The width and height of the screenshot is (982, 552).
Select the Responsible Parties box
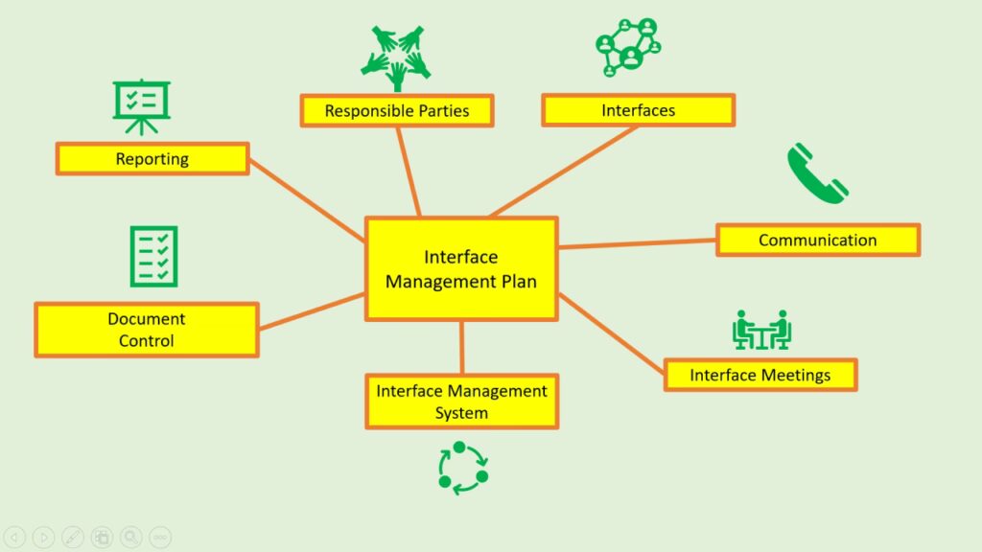click(397, 110)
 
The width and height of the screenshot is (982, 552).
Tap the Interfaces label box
click(638, 110)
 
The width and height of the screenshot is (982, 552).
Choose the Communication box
click(817, 240)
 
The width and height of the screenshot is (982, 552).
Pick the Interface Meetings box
click(760, 375)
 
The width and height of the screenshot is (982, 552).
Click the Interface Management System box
click(461, 402)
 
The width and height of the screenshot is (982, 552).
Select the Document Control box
click(147, 330)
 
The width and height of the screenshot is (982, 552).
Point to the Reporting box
click(152, 159)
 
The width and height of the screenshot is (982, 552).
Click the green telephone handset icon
click(817, 173)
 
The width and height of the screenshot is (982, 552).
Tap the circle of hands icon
click(395, 57)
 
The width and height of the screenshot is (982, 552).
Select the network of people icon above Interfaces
click(629, 46)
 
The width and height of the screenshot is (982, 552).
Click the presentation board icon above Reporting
click(141, 105)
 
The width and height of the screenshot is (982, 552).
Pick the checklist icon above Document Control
click(153, 256)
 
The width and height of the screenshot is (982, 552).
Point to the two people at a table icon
click(761, 331)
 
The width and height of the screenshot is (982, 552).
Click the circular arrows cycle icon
click(462, 468)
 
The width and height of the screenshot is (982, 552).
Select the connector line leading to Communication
click(637, 243)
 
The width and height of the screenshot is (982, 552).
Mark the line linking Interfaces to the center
click(564, 171)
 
